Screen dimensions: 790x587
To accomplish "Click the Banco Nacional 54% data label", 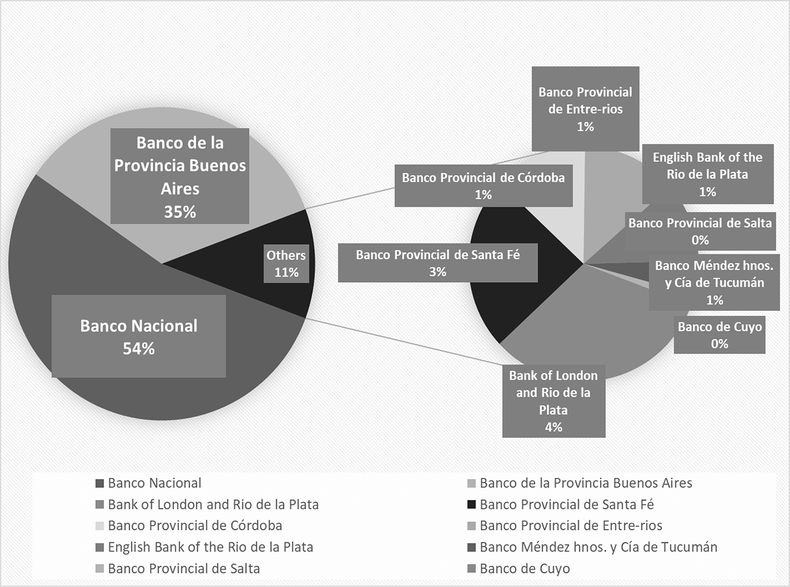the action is pos(138,336).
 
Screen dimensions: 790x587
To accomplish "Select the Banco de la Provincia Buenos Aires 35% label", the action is pos(179,176).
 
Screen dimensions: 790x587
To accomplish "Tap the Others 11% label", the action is pos(286,264).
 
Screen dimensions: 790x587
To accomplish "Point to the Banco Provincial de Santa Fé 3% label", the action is pos(437,262).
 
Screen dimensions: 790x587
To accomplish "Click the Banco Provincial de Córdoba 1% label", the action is pos(483,186).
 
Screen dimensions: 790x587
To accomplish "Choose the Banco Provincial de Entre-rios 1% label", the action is pos(585,109).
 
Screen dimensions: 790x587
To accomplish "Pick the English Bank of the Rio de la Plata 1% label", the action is pos(708,174).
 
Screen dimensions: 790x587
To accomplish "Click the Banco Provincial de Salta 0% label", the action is pos(700,231).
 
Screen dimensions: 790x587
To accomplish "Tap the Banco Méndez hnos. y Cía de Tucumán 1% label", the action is pos(714,282).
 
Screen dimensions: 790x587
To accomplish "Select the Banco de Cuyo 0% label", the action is pos(720,335).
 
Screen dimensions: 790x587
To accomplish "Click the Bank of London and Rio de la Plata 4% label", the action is pos(554,401).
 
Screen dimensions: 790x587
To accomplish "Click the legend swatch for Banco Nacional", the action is pos(100,484).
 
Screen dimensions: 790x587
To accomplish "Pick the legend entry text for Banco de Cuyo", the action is pos(525,568).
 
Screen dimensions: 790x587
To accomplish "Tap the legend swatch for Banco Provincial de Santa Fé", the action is pos(472,504).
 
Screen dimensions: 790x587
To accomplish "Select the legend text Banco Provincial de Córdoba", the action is pos(195,525).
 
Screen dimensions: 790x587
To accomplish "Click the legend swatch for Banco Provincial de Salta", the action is pos(100,568).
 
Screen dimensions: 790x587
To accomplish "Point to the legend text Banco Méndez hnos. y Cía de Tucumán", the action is pos(598,547).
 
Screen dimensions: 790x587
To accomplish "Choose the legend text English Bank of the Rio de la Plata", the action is pos(210,547).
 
